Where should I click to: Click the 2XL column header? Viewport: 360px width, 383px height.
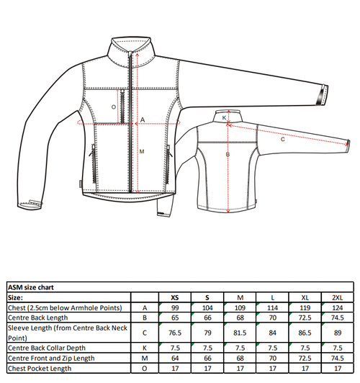(337, 297)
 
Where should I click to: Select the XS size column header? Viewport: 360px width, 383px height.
(175, 297)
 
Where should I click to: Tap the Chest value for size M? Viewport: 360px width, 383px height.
(240, 308)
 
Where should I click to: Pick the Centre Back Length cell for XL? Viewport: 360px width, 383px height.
(305, 317)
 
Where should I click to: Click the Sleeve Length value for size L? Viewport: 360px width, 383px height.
(272, 333)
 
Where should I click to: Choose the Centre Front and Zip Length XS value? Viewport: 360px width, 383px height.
(175, 359)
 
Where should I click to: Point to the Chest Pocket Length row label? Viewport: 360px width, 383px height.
(40, 369)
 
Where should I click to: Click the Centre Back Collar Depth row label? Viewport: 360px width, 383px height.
(47, 348)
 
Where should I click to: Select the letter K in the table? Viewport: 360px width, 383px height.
(145, 348)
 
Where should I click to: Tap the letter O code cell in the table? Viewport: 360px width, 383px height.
(145, 369)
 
